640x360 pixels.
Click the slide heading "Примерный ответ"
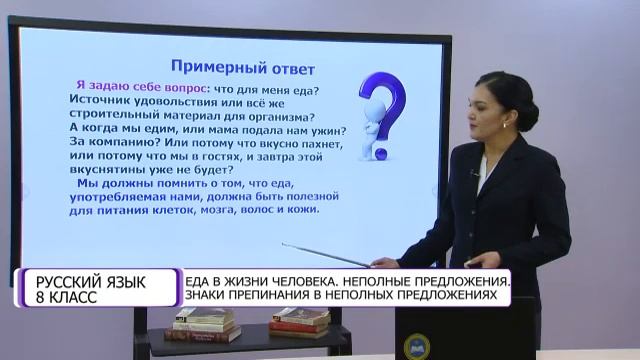click(243, 68)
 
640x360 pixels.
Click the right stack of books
click(299, 320)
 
